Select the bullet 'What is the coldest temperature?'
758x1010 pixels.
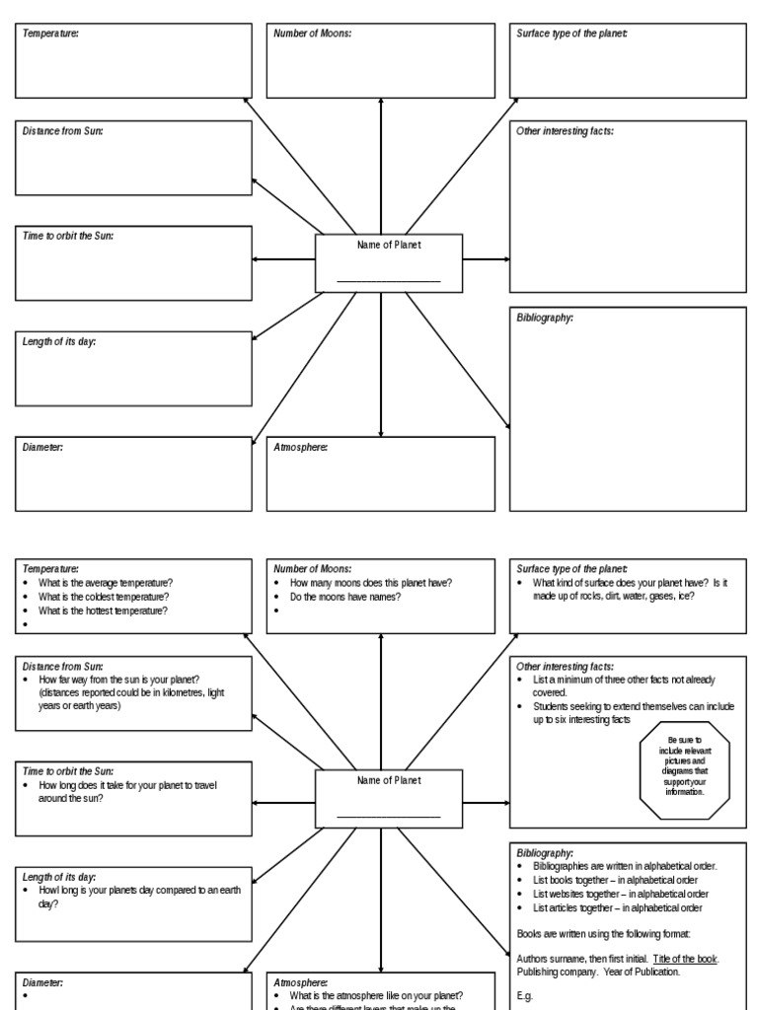pos(104,597)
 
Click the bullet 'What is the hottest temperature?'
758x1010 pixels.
pos(104,611)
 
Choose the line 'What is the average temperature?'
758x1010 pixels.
pos(106,583)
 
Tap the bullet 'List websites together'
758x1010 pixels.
pos(620,894)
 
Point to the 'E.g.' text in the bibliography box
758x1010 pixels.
pos(524,996)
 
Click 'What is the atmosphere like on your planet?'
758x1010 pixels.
pos(376,995)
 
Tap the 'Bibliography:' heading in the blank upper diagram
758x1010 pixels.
pos(545,319)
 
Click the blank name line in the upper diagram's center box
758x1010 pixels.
pos(388,281)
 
